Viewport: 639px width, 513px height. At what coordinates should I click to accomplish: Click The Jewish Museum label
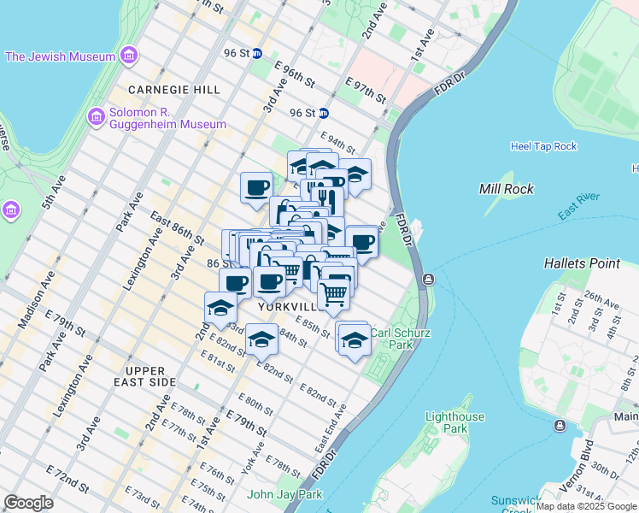click(60, 56)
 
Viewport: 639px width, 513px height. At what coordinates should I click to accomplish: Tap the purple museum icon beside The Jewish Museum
click(128, 56)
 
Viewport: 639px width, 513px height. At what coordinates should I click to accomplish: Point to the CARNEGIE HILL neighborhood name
click(174, 90)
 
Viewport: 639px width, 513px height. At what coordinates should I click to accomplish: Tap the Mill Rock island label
click(507, 189)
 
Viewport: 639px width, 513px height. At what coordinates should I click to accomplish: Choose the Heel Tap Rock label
click(543, 146)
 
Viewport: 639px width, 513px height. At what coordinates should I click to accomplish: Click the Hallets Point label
click(583, 263)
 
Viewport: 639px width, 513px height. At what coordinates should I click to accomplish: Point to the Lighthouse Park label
click(455, 422)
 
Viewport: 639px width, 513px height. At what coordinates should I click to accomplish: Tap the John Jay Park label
click(284, 494)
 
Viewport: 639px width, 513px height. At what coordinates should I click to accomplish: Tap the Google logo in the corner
click(28, 503)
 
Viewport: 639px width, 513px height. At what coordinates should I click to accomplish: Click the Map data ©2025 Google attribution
click(586, 506)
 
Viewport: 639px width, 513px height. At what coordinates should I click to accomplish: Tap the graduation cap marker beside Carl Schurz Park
click(354, 341)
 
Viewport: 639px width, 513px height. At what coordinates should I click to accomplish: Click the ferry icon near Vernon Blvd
click(560, 426)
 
